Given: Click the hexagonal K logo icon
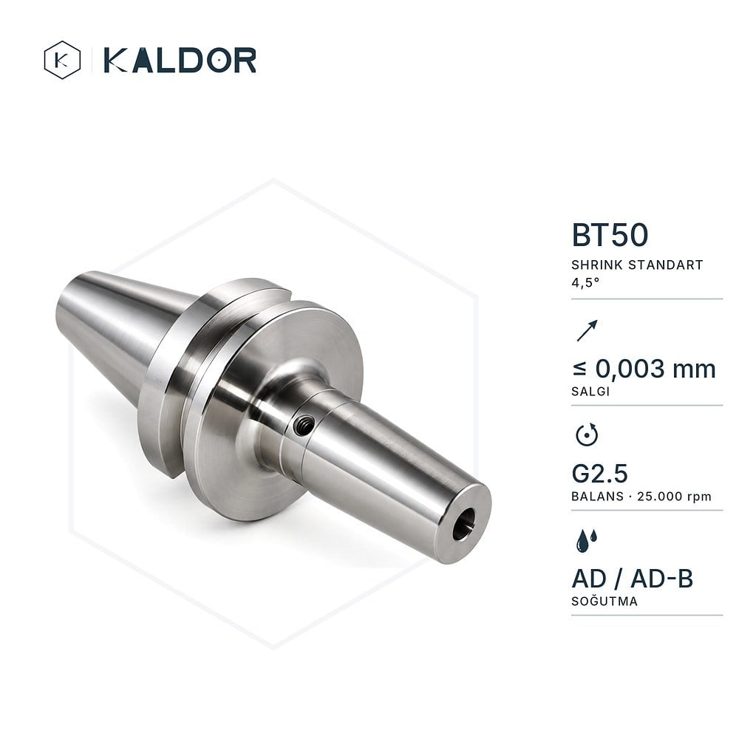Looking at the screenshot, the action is [62, 60].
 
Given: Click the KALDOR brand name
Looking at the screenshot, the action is [180, 60].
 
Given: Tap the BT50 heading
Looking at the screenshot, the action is [610, 235].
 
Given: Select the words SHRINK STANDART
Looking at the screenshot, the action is [637, 265].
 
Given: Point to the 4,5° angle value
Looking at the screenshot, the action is [585, 283].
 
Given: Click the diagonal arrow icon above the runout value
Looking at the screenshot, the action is [588, 330].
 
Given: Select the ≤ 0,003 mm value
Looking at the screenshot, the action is [644, 369].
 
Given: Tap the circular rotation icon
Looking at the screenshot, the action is [587, 435].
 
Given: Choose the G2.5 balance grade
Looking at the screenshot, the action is [599, 474].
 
